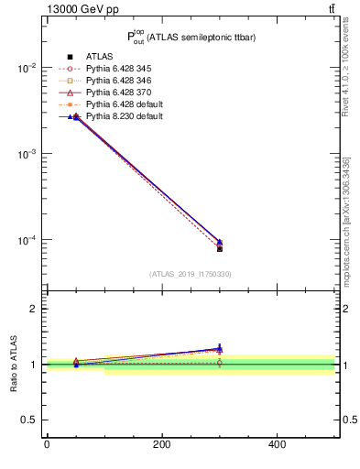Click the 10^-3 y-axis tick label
pyautogui.click(x=26, y=155)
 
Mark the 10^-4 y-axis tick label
pyautogui.click(x=26, y=241)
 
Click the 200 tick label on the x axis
pyautogui.click(x=162, y=444)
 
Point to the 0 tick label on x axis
pyautogui.click(x=47, y=444)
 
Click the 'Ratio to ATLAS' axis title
pyautogui.click(x=14, y=364)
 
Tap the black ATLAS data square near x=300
pyautogui.click(x=220, y=248)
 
